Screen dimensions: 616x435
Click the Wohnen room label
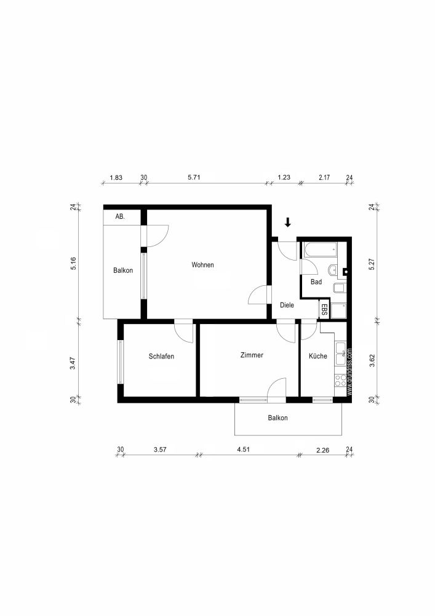pyautogui.click(x=202, y=265)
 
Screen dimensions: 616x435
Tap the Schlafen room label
pyautogui.click(x=161, y=356)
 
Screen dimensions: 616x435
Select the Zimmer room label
pyautogui.click(x=252, y=355)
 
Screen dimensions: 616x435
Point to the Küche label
pyautogui.click(x=317, y=356)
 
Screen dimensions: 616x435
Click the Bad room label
pyautogui.click(x=316, y=282)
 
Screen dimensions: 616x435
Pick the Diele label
pyautogui.click(x=287, y=305)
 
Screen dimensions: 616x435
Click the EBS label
pyautogui.click(x=324, y=309)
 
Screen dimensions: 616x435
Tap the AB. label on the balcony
pyautogui.click(x=121, y=217)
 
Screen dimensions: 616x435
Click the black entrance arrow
pyautogui.click(x=287, y=222)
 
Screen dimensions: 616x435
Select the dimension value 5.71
pyautogui.click(x=194, y=177)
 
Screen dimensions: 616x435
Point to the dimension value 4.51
pyautogui.click(x=244, y=449)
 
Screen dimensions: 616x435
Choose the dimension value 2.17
pyautogui.click(x=324, y=177)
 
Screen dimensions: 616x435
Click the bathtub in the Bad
pyautogui.click(x=319, y=250)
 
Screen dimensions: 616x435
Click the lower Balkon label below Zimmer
pyautogui.click(x=277, y=418)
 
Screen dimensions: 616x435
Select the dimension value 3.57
pyautogui.click(x=159, y=449)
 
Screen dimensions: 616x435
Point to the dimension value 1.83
pyautogui.click(x=116, y=177)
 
